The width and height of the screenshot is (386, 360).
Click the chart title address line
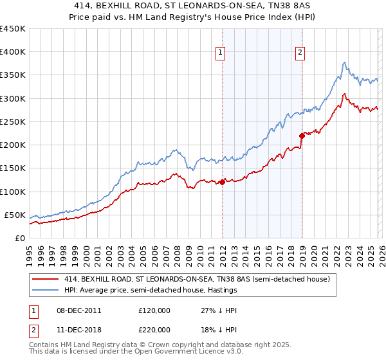click(193, 6)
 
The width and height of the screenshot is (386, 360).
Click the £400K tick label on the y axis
click(13, 52)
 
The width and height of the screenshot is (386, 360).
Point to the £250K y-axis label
click(13, 122)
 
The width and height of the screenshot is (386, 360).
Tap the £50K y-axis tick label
click(15, 215)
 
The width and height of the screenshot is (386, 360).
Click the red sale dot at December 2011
click(222, 182)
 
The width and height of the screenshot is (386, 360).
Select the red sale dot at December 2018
click(302, 136)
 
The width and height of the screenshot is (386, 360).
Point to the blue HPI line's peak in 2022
click(345, 62)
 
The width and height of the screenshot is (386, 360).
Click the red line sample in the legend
click(45, 279)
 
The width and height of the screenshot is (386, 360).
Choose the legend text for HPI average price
click(151, 291)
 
